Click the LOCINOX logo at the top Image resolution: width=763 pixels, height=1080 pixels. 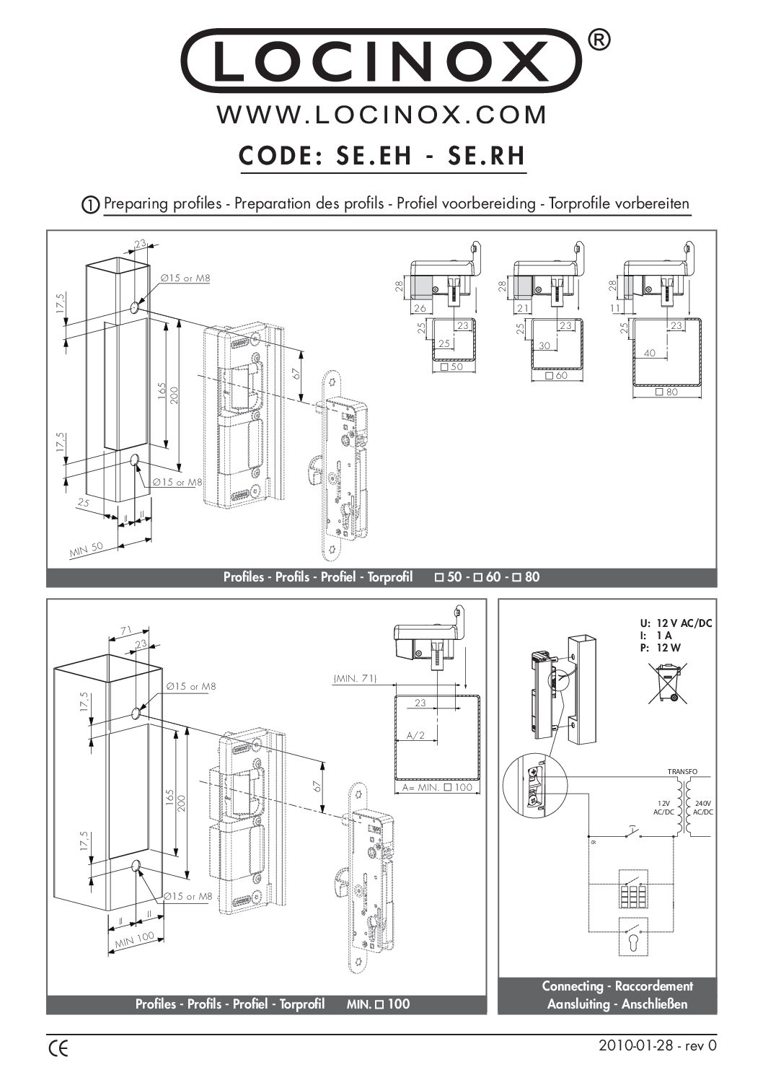click(x=381, y=61)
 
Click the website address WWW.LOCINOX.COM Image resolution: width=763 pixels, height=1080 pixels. click(x=381, y=115)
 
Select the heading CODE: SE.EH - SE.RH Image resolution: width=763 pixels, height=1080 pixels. click(x=381, y=156)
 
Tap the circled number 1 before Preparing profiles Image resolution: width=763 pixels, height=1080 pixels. click(x=91, y=205)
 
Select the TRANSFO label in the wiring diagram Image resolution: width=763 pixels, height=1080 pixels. click(x=682, y=771)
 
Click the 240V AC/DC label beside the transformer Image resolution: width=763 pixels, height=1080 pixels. click(x=702, y=807)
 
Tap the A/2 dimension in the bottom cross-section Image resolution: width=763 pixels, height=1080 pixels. click(x=416, y=735)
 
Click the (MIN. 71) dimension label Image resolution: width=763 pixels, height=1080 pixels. click(x=354, y=679)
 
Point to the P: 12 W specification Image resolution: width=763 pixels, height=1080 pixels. click(x=659, y=648)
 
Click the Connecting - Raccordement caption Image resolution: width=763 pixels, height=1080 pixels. click(x=617, y=985)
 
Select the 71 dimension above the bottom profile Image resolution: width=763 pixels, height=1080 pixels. click(x=126, y=630)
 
